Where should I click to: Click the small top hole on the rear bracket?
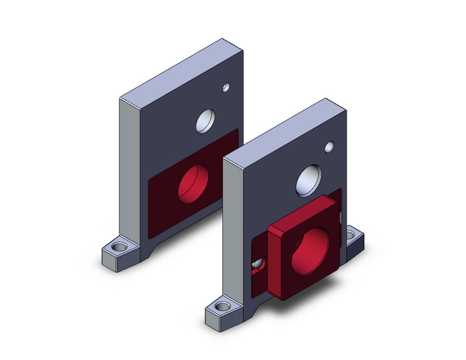point(226,87)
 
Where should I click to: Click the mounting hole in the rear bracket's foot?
point(119,247)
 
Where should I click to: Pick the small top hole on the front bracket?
point(329,148)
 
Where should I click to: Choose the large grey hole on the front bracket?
point(309,181)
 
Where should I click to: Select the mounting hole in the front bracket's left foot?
point(222,307)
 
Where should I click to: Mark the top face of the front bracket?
point(285,129)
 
